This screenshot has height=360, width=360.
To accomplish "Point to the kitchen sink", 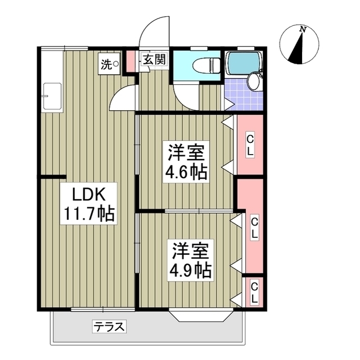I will [x=53, y=96].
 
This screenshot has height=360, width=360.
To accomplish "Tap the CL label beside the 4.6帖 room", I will [x=250, y=144].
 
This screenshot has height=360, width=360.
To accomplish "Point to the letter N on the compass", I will [x=303, y=29].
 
